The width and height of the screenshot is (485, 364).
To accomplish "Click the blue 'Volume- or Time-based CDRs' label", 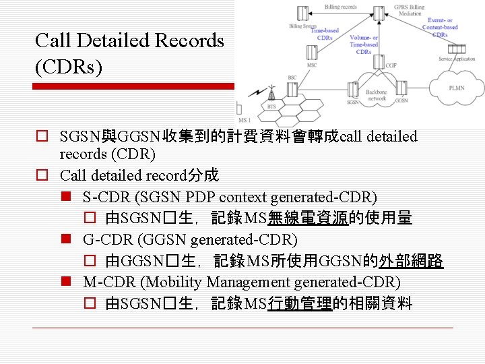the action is pyautogui.click(x=364, y=44).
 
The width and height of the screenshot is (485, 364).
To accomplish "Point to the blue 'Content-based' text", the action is pyautogui.click(x=441, y=28).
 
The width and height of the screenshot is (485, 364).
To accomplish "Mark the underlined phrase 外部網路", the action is pyautogui.click(x=418, y=261).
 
